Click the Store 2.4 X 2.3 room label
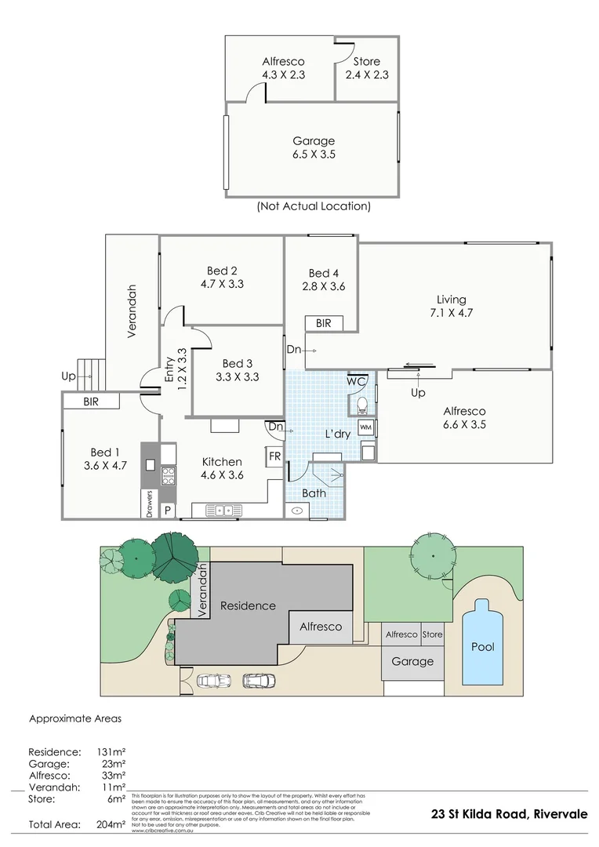366,68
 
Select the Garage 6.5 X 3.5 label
314,147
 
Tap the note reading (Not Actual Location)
314,206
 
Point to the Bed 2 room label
223,278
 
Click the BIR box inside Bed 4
323,323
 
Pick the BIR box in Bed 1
91,402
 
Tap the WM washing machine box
366,427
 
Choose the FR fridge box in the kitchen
275,456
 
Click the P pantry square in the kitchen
167,510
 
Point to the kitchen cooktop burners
168,474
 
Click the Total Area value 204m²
111,824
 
